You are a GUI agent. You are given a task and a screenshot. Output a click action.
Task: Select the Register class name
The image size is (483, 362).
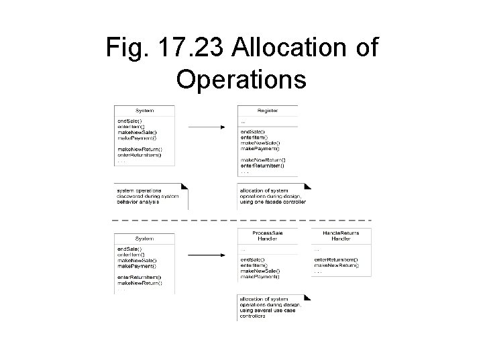click(x=268, y=111)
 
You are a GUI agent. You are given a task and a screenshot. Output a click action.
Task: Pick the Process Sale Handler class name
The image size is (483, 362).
click(x=268, y=236)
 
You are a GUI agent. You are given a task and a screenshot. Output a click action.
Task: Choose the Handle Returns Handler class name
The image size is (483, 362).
click(x=341, y=236)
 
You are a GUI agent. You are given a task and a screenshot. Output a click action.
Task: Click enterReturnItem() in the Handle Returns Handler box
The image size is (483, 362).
click(x=335, y=259)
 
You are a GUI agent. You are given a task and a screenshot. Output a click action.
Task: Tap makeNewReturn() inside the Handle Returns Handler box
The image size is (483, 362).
click(x=336, y=265)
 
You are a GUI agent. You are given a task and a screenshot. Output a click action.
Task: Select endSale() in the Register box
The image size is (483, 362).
click(x=252, y=131)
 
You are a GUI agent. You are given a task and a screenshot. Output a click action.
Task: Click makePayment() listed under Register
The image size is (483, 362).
click(x=258, y=149)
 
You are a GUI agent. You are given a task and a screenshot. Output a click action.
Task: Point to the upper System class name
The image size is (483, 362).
click(x=144, y=111)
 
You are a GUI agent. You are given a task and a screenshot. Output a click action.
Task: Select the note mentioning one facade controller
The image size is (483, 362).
click(x=272, y=196)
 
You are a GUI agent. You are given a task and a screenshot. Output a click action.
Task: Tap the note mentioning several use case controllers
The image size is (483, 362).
click(x=270, y=307)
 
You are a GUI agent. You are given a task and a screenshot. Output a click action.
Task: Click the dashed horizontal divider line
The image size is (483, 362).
click(x=241, y=220)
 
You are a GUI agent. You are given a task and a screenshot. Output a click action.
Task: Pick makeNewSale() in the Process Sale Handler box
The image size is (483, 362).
click(x=258, y=271)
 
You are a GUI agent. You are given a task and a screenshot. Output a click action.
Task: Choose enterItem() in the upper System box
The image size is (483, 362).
click(x=130, y=125)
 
